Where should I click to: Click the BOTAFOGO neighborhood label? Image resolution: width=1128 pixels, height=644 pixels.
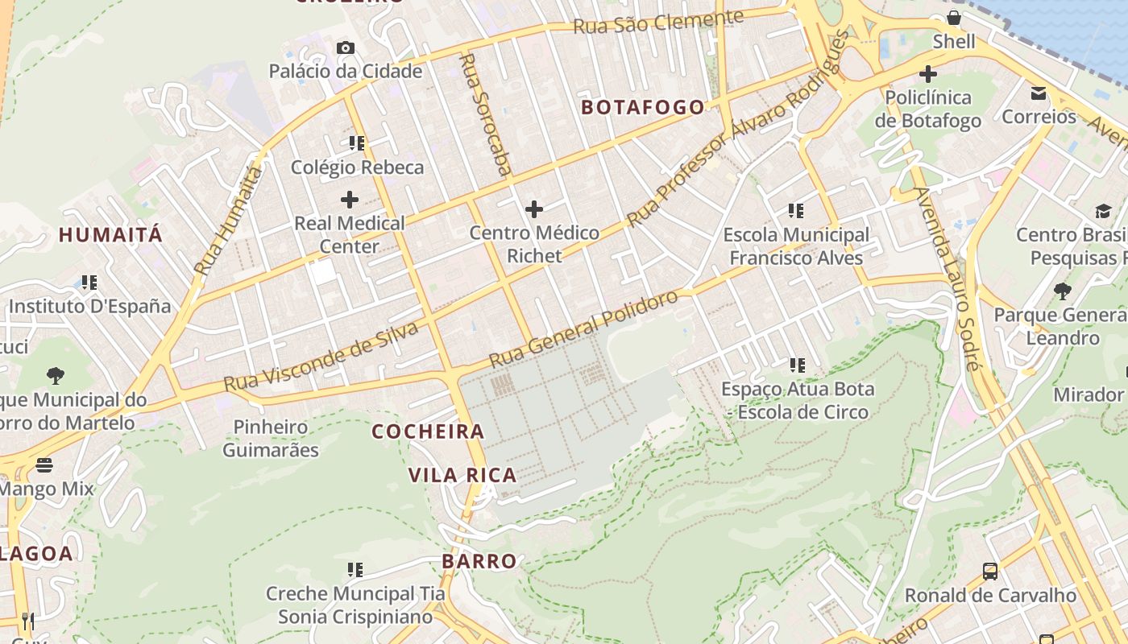pos(642,107)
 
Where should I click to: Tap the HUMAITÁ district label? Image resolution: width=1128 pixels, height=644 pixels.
pos(110,235)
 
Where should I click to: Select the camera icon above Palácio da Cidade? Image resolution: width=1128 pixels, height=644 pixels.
pos(346,48)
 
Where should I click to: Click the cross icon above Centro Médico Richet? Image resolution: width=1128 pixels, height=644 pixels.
pos(534,210)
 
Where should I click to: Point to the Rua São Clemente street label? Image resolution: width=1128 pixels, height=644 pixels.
pos(657,23)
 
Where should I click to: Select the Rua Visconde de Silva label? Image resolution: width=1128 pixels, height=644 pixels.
pos(321,357)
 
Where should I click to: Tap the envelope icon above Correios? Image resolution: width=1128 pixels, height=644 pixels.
pos(1039,93)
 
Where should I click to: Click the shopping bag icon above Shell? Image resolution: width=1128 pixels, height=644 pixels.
pos(954,18)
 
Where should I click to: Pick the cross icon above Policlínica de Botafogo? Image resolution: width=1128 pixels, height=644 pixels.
pos(928,74)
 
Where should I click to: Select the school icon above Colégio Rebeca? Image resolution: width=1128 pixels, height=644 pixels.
pos(357,144)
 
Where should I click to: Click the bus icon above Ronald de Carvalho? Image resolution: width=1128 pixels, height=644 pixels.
pos(990,572)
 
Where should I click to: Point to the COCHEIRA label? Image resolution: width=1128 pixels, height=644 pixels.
pos(428,431)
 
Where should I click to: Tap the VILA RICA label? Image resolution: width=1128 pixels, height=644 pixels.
pos(462,475)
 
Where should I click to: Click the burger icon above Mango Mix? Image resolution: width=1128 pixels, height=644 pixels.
pos(44,465)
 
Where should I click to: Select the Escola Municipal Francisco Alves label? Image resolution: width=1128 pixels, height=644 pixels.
pos(796,246)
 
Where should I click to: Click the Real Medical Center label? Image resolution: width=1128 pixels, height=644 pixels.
pos(350,234)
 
